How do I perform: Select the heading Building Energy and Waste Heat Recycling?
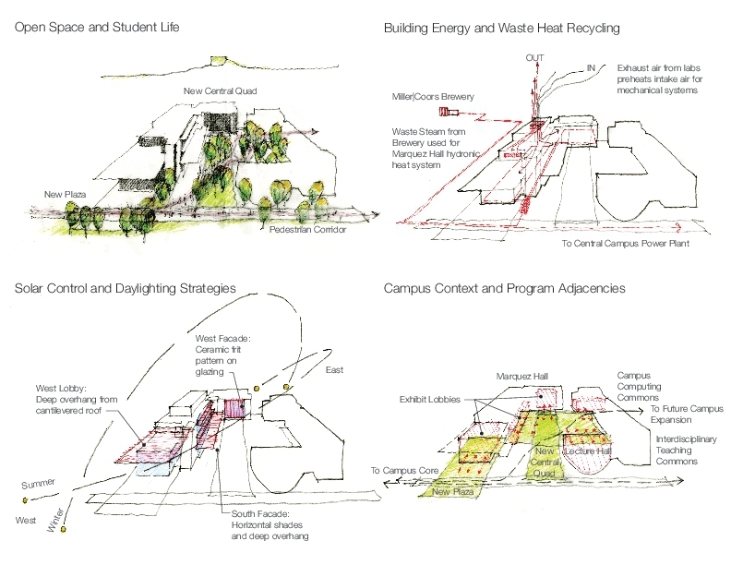(501, 29)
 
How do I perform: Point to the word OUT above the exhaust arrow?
(534, 58)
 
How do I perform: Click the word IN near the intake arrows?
(588, 67)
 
